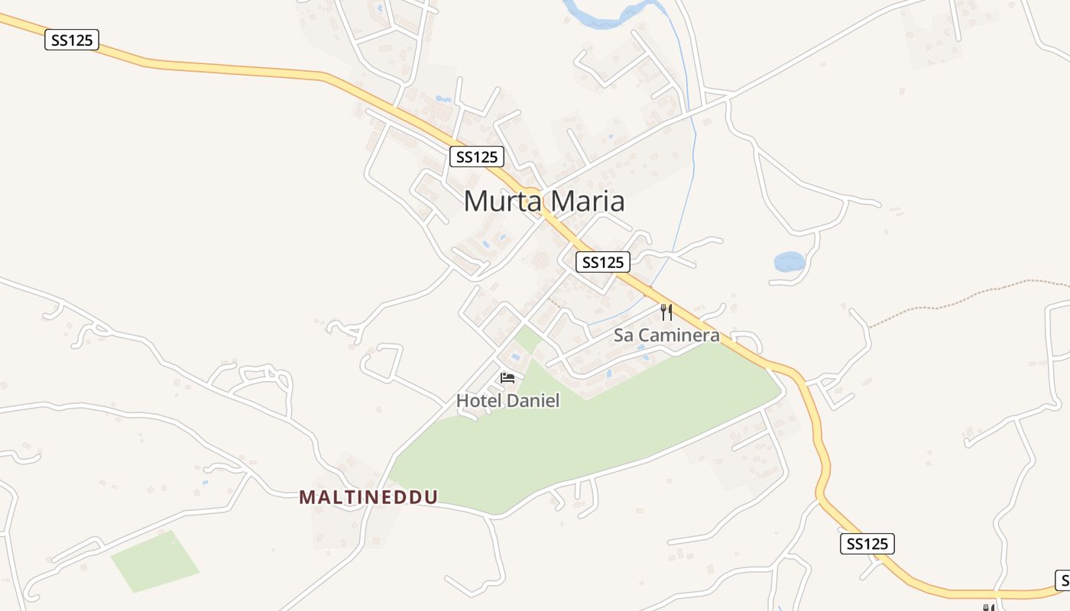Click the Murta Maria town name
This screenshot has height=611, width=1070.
[x=543, y=201]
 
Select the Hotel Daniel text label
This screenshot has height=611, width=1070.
[x=507, y=400]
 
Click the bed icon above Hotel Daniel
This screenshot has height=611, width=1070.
[x=507, y=377]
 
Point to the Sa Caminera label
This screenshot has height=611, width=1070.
[x=666, y=335]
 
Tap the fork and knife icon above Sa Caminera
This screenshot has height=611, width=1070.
[x=666, y=312]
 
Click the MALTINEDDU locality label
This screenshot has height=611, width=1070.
[x=368, y=497]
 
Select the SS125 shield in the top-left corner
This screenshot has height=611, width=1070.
[x=72, y=40]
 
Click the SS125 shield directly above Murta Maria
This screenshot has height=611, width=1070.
[x=476, y=157]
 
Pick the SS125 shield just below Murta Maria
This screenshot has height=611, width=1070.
[x=602, y=262]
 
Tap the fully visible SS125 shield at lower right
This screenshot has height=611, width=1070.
[x=867, y=544]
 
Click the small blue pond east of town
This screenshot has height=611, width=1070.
[x=789, y=262]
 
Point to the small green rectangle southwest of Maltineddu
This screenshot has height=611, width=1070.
[x=155, y=561]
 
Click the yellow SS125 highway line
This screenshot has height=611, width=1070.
[x=229, y=69]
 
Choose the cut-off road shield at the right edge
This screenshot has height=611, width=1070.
[x=1062, y=580]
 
